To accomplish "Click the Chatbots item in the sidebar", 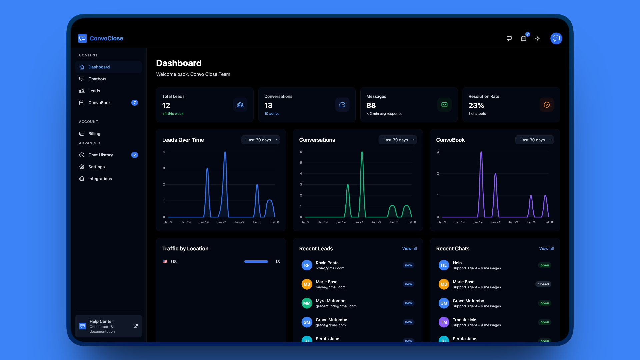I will click(97, 79).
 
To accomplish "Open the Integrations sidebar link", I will click(100, 179).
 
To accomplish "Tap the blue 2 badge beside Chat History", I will click(134, 155).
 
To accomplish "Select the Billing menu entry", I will click(94, 134).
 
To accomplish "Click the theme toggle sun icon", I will click(538, 39).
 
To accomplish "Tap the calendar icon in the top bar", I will click(523, 39).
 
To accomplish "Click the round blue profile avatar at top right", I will click(556, 38).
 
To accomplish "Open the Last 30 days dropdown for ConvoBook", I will click(534, 140).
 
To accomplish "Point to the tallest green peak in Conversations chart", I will click(362, 153).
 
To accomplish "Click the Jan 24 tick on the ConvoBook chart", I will click(495, 222).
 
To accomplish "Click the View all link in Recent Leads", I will click(409, 249).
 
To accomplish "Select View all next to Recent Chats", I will click(546, 249).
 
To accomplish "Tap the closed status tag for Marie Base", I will click(543, 284).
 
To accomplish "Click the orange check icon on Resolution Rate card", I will click(546, 105).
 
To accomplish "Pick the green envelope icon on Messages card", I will click(444, 105).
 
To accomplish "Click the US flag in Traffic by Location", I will click(165, 262).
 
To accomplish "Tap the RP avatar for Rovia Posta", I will click(307, 265).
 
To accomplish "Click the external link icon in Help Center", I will click(136, 326).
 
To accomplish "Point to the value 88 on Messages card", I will click(371, 105).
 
